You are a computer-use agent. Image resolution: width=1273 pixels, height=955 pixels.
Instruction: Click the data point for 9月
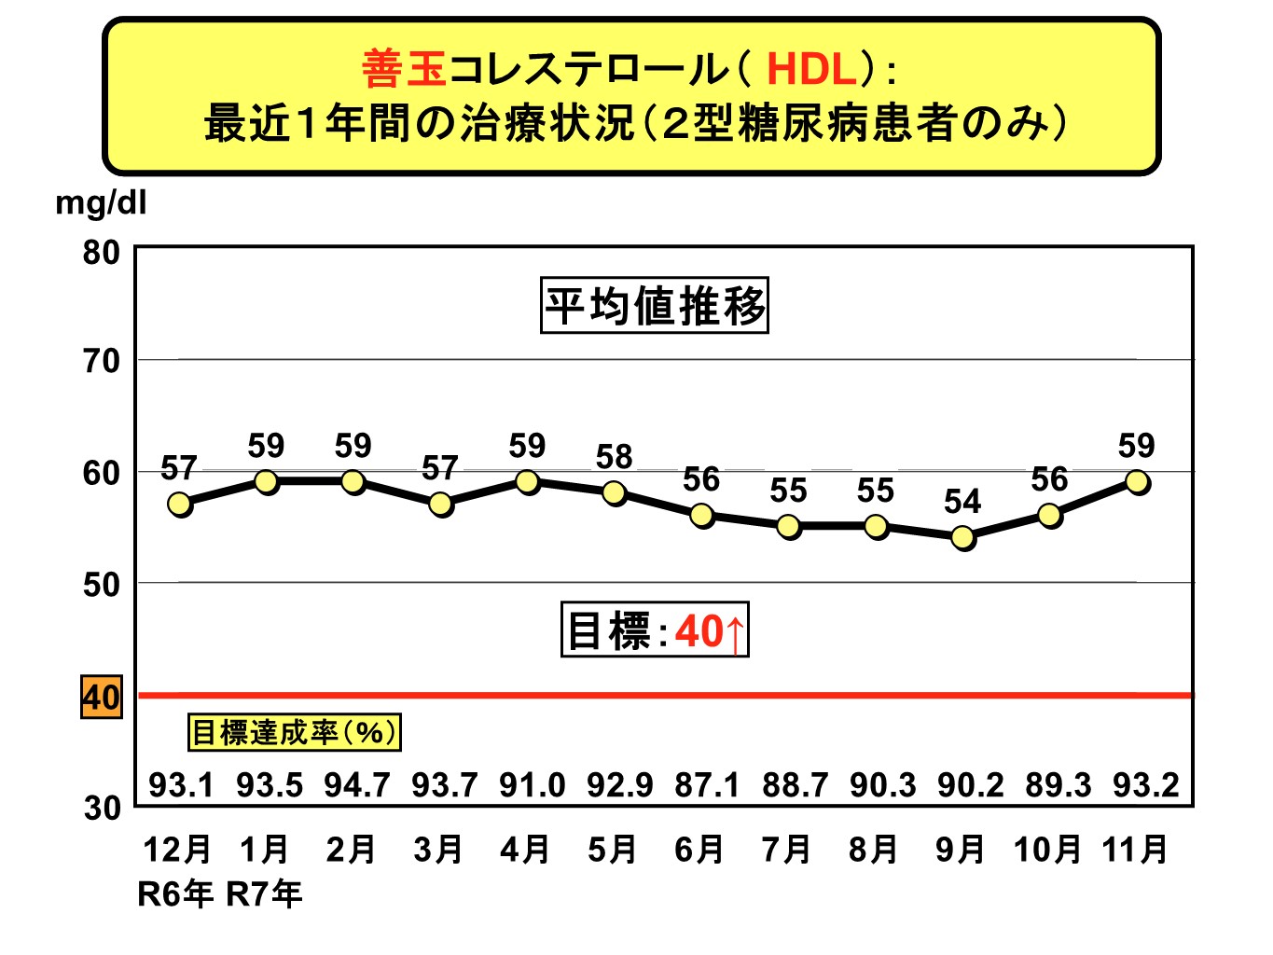pos(963,537)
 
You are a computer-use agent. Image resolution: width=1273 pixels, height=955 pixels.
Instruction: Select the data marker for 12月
pos(180,504)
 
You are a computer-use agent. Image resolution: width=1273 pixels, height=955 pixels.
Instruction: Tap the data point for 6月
pos(702,515)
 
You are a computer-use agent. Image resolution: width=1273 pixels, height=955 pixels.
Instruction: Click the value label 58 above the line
pos(614,457)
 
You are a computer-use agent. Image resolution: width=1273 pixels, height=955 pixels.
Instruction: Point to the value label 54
pos(962,502)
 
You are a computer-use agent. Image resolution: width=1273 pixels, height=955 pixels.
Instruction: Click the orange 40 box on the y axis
pos(101,698)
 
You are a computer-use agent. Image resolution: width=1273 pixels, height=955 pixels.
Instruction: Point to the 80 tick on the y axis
pos(101,252)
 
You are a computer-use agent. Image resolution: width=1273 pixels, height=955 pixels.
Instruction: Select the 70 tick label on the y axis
pos(101,361)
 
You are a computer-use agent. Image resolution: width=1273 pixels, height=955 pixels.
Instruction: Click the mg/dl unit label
pos(101,202)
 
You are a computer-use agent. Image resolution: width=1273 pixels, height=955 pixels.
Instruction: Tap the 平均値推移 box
pos(655,305)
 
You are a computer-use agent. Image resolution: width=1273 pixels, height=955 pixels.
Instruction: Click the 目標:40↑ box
pos(655,630)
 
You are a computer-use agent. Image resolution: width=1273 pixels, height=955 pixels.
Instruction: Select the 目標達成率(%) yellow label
pos(294,732)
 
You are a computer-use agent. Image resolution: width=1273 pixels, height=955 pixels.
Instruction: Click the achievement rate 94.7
pos(356,785)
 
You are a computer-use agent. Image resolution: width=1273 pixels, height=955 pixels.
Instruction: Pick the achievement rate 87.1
pos(707,785)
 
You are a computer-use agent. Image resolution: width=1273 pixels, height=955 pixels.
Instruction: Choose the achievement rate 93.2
pos(1145,785)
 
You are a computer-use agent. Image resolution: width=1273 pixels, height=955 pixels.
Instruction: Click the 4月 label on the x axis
pos(524,849)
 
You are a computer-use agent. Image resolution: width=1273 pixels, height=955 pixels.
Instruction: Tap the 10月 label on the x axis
pos(1047,849)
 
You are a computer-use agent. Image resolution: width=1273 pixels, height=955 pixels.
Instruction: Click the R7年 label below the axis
pos(265,894)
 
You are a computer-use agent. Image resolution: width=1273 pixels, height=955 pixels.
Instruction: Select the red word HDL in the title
pos(811,69)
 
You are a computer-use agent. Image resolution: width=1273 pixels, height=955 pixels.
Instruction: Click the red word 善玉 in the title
pos(403,69)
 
